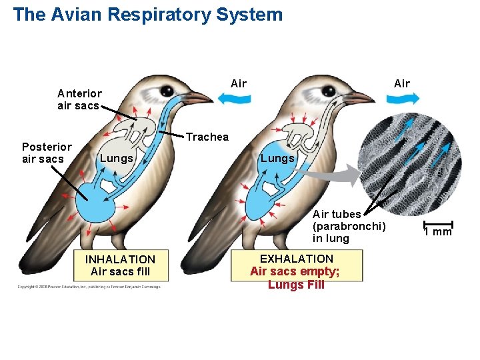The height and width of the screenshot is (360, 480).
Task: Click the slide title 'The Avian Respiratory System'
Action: coord(147,15)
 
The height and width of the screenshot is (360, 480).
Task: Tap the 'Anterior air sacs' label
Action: coord(79,99)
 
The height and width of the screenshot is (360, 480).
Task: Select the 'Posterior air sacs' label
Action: coord(47,153)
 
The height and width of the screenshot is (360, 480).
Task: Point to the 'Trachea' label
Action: coord(207,137)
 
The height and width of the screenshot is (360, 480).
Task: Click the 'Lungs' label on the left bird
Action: coord(117,159)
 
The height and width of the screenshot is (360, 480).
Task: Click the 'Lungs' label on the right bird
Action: coord(277,158)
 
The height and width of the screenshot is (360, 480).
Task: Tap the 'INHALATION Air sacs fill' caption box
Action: coord(120,265)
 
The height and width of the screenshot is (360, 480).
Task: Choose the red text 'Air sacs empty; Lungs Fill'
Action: coord(296,278)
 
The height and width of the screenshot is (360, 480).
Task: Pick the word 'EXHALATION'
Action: coord(296,258)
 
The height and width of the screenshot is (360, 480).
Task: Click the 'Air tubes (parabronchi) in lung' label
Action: coord(349,226)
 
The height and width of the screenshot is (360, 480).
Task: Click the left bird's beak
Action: coord(197,99)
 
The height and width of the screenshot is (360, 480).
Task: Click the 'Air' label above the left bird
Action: coord(238,83)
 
